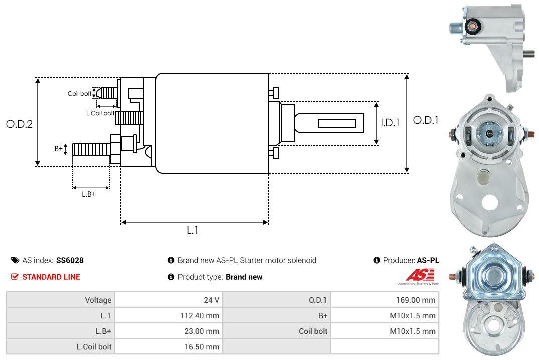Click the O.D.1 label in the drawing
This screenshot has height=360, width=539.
tap(426, 120)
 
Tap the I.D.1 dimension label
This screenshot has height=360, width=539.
tap(390, 122)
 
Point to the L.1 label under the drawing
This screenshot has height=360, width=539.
tap(193, 230)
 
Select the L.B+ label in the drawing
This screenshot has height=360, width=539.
tap(89, 194)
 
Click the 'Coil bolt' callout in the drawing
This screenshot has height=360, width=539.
tap(79, 94)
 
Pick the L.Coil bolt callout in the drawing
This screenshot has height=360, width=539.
tap(100, 113)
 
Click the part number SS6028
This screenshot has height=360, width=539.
tap(70, 260)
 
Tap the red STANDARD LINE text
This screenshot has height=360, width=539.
tap(51, 277)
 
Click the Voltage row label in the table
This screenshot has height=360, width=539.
tap(98, 300)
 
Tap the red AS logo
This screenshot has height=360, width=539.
tap(416, 275)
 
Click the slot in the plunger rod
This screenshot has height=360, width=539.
tap(337, 123)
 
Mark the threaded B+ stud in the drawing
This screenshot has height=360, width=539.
tap(91, 149)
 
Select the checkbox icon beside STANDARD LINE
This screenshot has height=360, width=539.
tap(15, 277)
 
